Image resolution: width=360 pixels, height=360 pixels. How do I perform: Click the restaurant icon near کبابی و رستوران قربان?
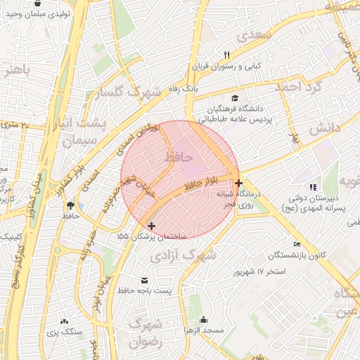click(226, 55)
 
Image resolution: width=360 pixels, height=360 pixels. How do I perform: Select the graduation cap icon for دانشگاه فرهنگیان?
click(236, 98)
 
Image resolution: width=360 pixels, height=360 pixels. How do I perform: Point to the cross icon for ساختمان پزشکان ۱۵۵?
click(151, 226)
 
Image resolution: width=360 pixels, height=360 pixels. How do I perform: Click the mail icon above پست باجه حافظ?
click(144, 280)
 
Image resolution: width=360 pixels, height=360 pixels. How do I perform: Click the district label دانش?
click(324, 127)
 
